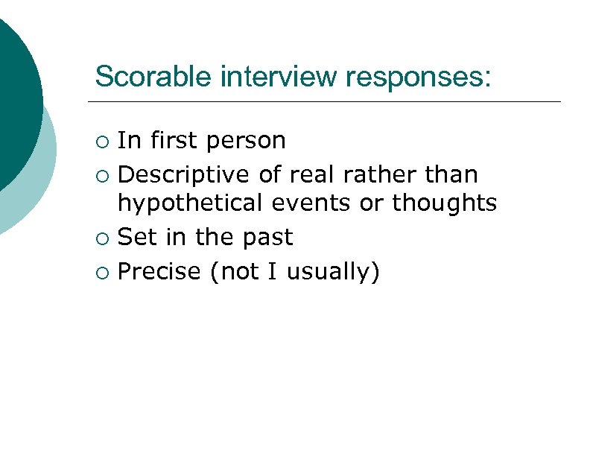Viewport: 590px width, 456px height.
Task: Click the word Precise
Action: coord(159,272)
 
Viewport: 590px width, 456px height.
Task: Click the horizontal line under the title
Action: coord(323,101)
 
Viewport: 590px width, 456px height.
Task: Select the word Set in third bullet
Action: coord(135,238)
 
